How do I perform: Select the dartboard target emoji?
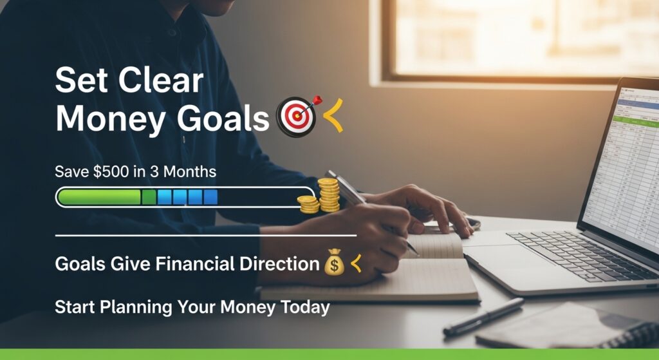[296, 116]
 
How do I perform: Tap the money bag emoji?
[335, 264]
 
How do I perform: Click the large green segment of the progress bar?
[100, 197]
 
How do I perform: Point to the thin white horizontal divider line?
[206, 236]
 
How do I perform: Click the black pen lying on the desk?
[483, 316]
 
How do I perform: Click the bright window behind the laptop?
[515, 39]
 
